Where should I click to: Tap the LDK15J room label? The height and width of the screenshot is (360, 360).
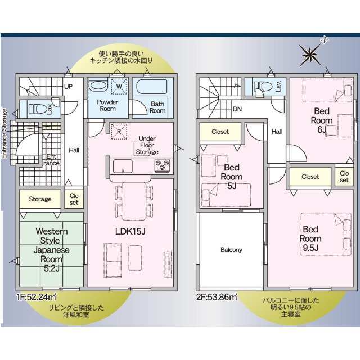[130, 231]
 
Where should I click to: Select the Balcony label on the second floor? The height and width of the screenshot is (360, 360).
[231, 250]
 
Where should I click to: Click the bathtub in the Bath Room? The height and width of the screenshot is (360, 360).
[152, 87]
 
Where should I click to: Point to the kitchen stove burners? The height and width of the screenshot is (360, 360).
[163, 165]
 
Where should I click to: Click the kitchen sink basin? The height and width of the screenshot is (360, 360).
[123, 166]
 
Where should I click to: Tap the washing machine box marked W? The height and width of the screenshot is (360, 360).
[119, 86]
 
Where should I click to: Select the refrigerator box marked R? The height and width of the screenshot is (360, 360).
[119, 132]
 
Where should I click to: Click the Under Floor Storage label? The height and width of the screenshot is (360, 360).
[147, 145]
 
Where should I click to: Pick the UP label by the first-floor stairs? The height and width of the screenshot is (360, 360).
[69, 87]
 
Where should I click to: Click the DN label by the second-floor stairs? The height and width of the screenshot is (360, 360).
[237, 109]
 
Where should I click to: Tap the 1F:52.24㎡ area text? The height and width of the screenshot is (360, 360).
[36, 297]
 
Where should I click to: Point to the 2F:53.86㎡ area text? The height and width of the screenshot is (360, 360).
[217, 297]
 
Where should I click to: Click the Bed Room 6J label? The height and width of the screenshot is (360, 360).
[322, 120]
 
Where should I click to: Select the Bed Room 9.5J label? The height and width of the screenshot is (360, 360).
[310, 238]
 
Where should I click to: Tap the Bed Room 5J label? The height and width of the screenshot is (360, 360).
[232, 177]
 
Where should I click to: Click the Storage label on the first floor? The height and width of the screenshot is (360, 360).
[40, 199]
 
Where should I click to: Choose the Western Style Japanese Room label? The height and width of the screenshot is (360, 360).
[51, 250]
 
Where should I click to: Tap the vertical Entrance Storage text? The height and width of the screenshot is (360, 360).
[4, 133]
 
